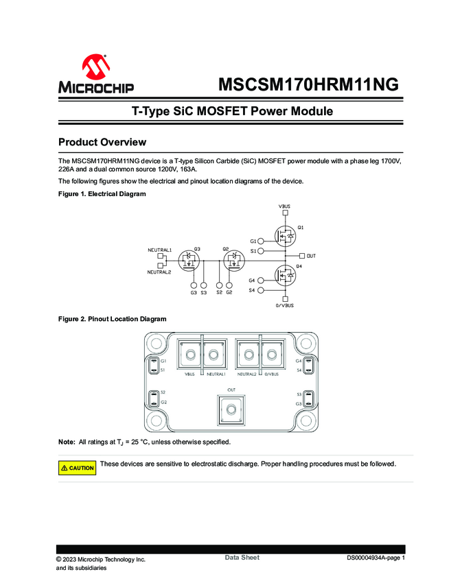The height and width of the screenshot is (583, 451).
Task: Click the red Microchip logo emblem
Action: click(x=95, y=67)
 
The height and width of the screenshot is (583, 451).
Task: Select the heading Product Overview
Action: click(x=102, y=142)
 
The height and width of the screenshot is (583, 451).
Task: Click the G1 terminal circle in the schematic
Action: click(x=261, y=241)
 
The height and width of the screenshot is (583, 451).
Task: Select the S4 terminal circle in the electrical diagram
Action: click(x=261, y=291)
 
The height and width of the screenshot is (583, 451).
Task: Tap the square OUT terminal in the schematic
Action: click(x=303, y=256)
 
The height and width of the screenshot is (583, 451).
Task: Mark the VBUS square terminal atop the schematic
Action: click(x=285, y=213)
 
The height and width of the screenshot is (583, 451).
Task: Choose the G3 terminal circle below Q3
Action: click(x=194, y=285)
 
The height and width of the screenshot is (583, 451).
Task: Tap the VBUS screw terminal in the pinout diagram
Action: click(x=190, y=355)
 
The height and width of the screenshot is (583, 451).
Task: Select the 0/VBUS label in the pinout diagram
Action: click(x=272, y=374)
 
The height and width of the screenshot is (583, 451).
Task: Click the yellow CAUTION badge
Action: click(x=77, y=468)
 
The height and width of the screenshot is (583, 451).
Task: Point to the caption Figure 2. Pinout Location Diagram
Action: click(x=112, y=319)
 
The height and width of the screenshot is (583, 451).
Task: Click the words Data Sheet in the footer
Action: click(x=242, y=558)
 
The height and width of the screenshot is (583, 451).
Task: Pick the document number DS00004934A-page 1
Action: click(x=375, y=558)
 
